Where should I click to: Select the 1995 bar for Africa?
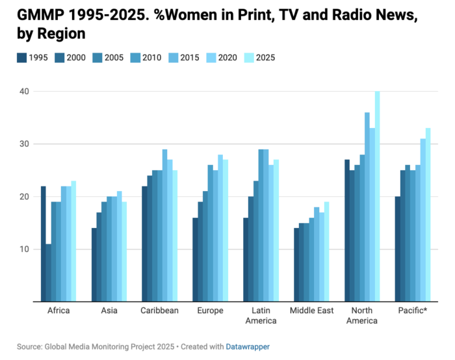point(43,244)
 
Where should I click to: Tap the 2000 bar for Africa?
point(48,272)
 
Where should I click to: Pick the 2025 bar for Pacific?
point(428,214)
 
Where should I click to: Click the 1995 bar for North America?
point(346,230)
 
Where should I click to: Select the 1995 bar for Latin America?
point(246,259)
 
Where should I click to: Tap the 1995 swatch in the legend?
point(22,57)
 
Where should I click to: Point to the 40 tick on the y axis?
point(23,91)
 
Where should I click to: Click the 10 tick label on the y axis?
point(23,249)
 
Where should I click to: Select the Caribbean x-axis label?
point(159,311)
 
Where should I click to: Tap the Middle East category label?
point(312,311)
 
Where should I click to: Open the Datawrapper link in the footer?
point(248,347)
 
